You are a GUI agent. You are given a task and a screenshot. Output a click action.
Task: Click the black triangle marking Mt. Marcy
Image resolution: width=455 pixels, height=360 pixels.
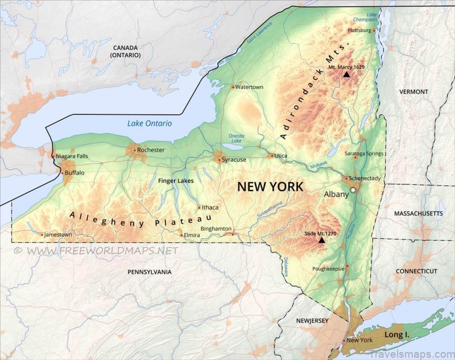(x=346, y=74)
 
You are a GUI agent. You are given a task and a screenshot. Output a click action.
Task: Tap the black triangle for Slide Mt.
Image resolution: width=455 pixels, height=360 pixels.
(x=321, y=240)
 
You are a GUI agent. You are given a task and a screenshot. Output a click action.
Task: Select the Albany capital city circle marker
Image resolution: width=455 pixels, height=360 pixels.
(x=353, y=190)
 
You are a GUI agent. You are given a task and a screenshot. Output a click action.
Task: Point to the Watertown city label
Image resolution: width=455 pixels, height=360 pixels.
(x=249, y=87)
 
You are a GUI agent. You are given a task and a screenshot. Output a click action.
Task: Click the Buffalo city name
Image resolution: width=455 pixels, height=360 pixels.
(x=75, y=172)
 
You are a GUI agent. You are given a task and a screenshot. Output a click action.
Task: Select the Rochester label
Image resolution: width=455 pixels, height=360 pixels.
(x=151, y=150)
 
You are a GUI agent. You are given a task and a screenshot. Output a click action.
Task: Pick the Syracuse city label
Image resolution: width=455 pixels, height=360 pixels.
(x=234, y=160)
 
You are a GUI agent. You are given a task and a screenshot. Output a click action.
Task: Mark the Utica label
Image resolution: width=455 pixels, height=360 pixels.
(x=281, y=156)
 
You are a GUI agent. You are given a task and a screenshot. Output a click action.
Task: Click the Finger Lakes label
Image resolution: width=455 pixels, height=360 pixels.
(x=176, y=181)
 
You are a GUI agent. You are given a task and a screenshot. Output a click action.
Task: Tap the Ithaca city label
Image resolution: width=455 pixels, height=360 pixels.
(x=210, y=208)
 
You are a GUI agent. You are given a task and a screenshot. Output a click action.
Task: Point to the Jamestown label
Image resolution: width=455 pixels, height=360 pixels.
(x=59, y=234)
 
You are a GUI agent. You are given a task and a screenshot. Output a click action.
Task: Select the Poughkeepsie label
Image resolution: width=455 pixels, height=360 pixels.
(x=329, y=268)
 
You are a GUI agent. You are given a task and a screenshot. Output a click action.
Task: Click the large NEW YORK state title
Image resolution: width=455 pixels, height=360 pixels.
(x=270, y=187)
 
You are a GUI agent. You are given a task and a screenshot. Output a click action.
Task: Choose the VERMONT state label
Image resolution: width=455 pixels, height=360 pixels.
(x=413, y=92)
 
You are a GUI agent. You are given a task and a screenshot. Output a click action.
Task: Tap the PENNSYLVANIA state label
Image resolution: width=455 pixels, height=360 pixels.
(x=149, y=272)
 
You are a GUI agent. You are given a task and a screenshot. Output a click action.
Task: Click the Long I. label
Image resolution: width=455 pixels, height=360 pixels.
(x=397, y=335)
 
